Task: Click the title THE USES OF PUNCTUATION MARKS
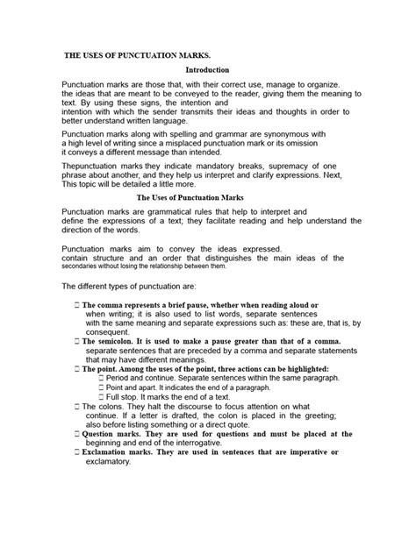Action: pyautogui.click(x=133, y=53)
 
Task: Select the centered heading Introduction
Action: pyautogui.click(x=207, y=68)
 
